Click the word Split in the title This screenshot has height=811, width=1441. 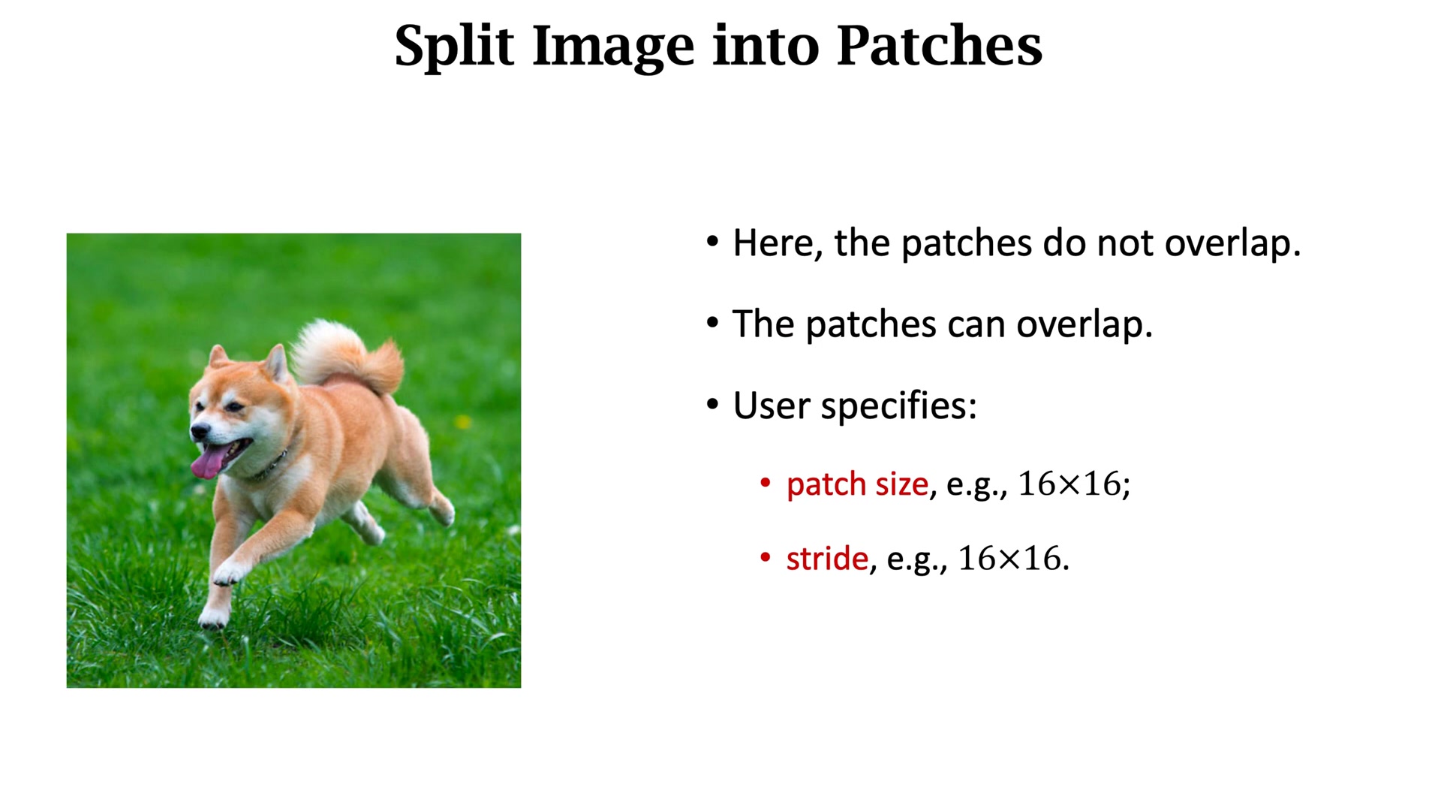[x=454, y=47]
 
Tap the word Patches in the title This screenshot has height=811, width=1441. [x=939, y=45]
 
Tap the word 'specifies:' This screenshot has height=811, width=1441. [x=898, y=406]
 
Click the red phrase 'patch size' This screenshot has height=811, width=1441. [x=857, y=484]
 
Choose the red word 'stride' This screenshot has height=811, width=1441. [x=827, y=559]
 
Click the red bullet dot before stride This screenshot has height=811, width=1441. [x=765, y=557]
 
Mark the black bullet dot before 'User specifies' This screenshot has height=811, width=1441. [x=712, y=405]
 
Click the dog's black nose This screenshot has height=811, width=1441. [x=200, y=431]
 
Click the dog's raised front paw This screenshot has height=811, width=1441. [x=228, y=574]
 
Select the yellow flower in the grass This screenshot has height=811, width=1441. [x=463, y=422]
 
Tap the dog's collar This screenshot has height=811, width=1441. [x=272, y=466]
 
